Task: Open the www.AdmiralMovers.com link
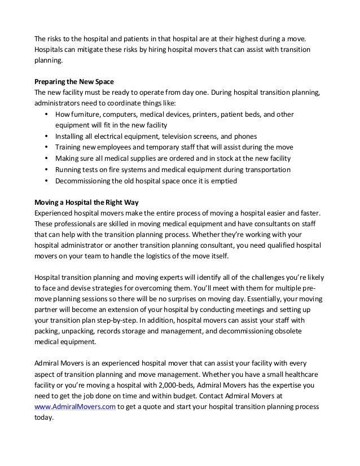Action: [x=75, y=407]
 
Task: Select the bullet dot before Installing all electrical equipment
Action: [x=45, y=137]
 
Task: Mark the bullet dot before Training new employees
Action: [x=45, y=147]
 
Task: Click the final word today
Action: [x=44, y=417]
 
